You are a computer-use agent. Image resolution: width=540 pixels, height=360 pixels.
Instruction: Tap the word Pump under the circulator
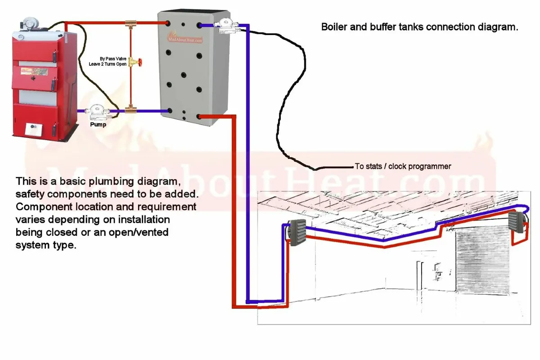(x=98, y=124)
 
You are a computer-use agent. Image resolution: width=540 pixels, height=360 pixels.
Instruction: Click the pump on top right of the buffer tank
(x=225, y=25)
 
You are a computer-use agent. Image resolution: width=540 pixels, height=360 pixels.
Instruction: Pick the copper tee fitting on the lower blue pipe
(x=131, y=110)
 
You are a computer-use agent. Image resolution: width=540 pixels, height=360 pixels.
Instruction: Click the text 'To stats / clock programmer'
(x=403, y=166)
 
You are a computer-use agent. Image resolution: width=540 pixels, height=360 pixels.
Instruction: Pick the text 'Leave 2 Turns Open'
(x=108, y=65)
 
